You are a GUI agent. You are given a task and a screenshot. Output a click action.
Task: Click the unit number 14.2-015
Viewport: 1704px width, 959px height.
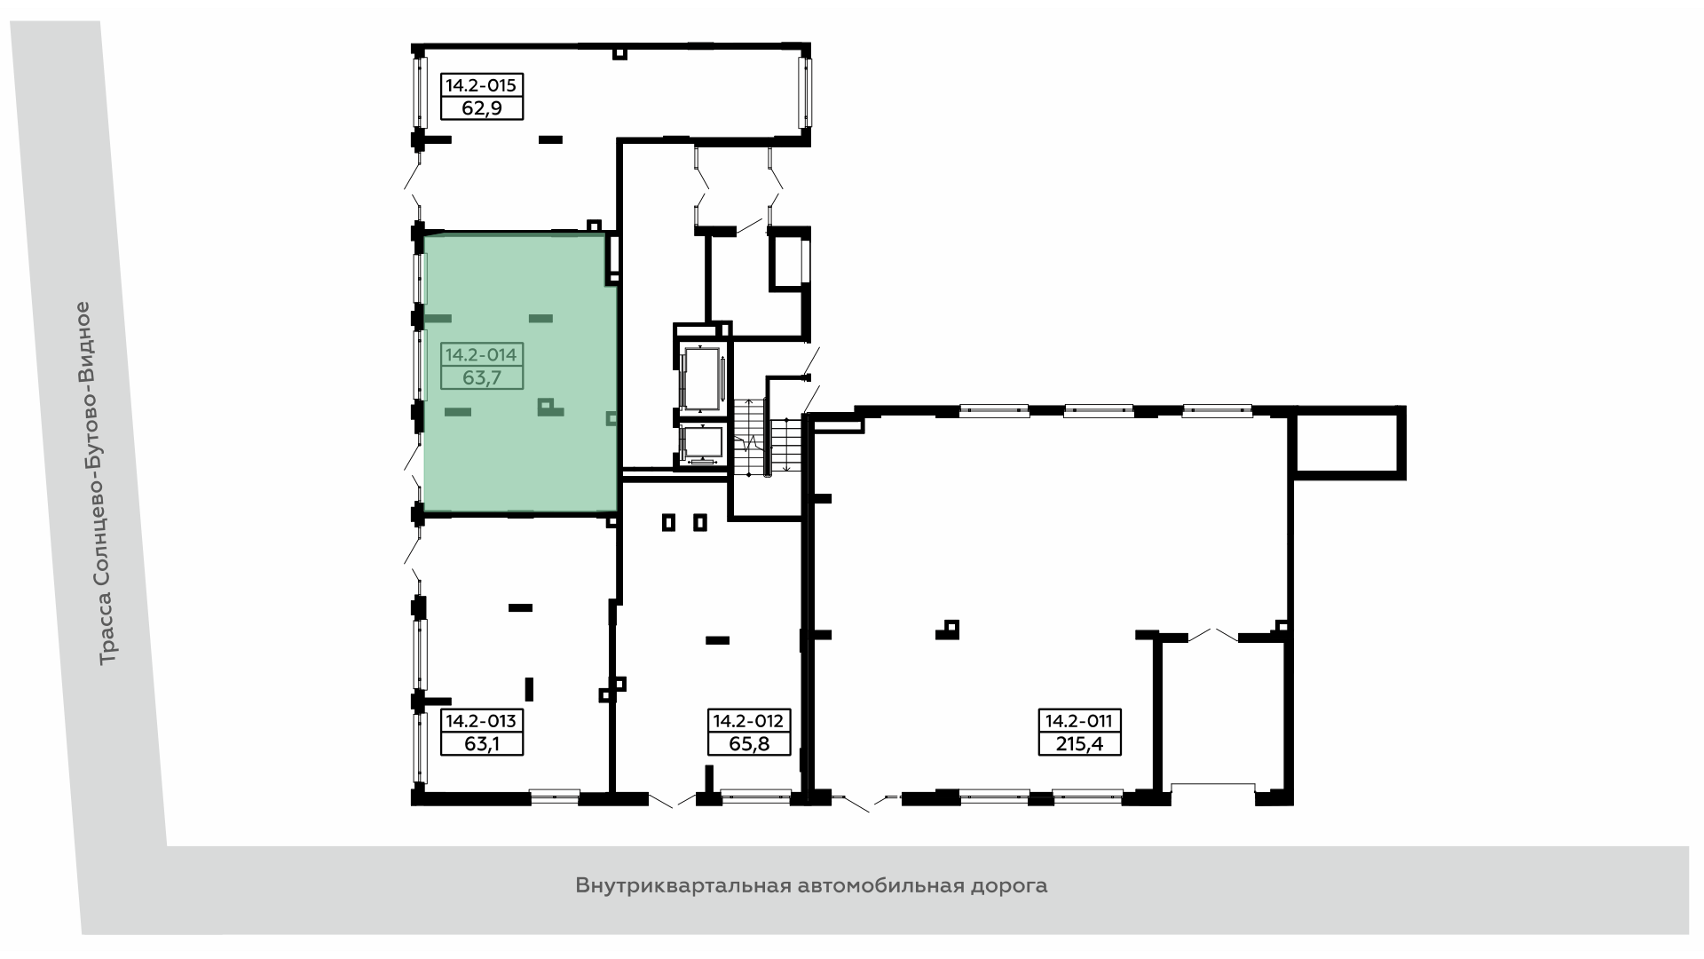[x=481, y=86]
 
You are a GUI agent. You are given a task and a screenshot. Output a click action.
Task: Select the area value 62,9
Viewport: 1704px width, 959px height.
[x=481, y=108]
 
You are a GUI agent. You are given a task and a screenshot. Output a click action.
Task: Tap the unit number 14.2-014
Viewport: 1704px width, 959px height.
[x=481, y=355]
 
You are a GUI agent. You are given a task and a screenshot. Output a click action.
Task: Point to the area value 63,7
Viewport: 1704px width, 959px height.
[x=482, y=378]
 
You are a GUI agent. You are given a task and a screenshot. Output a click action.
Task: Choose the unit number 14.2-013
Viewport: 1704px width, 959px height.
[x=481, y=721]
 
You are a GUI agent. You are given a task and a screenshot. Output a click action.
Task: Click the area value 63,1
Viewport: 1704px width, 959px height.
[x=482, y=744]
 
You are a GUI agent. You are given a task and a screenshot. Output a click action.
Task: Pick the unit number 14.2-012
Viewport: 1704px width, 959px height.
[x=749, y=721]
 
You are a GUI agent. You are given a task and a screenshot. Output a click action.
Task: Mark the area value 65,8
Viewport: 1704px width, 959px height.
[x=749, y=744]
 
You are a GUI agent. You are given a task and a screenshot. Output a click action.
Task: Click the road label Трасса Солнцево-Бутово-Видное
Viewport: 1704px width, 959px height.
[x=99, y=483]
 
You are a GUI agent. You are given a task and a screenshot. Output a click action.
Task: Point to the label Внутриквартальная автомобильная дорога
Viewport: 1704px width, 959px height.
[x=811, y=885]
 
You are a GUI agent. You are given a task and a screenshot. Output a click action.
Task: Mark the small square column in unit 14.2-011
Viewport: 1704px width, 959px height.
[x=951, y=629]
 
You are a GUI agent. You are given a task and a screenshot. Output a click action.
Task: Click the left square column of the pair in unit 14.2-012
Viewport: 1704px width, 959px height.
[x=669, y=523]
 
